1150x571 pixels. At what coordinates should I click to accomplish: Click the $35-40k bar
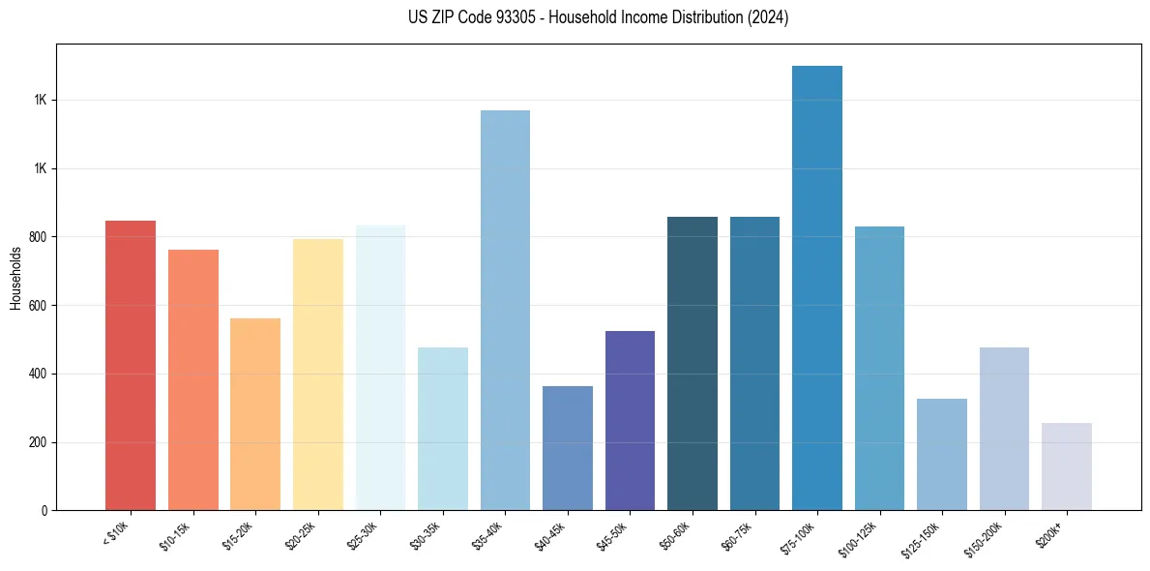(505, 310)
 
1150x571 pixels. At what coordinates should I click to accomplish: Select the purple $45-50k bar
(630, 420)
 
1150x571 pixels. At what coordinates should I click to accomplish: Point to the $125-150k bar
(942, 454)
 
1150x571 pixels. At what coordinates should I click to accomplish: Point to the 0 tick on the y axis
(46, 510)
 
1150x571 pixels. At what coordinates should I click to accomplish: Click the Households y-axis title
(15, 277)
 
